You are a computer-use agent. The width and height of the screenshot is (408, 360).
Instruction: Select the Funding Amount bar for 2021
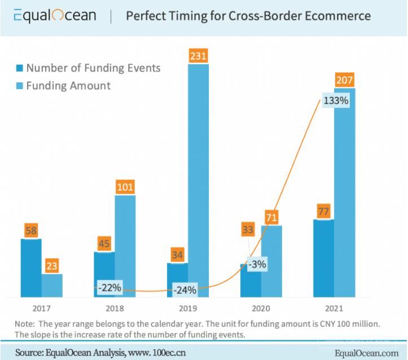(x=345, y=192)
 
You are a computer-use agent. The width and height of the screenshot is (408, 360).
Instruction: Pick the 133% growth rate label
(x=336, y=101)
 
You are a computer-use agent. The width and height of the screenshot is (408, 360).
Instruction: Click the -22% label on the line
(x=109, y=287)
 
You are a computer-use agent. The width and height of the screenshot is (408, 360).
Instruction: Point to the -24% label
(x=185, y=290)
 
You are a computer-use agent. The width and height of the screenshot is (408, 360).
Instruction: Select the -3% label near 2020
(x=259, y=264)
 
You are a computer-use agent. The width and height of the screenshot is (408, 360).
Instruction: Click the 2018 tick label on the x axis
(x=115, y=309)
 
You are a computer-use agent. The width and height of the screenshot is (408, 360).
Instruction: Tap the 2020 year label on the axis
(x=261, y=309)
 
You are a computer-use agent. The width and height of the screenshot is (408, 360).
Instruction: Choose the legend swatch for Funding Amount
(x=19, y=86)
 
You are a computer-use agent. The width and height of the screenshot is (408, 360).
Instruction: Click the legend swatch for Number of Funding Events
(x=19, y=68)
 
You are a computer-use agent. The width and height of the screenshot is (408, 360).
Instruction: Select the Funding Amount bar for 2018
(x=125, y=245)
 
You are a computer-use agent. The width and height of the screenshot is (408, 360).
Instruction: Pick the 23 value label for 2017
(x=52, y=266)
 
